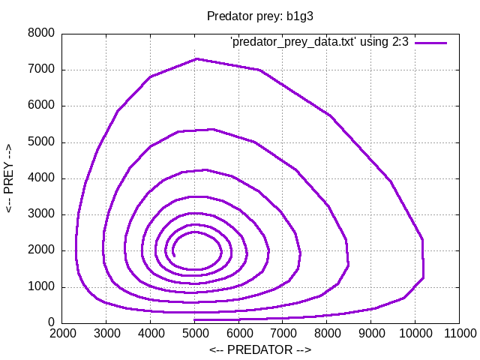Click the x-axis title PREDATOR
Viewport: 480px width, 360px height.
click(259, 349)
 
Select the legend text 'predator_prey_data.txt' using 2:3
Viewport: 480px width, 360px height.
click(319, 43)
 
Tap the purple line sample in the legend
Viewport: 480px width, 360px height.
click(431, 43)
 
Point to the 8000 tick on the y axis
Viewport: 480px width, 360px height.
click(41, 34)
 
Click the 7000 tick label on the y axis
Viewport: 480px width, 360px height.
click(41, 70)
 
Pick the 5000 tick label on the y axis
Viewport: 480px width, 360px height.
click(41, 142)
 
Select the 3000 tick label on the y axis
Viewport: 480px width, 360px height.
click(41, 214)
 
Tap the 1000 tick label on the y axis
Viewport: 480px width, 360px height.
click(41, 287)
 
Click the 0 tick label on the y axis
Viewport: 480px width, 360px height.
click(51, 323)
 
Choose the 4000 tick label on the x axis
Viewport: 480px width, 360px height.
click(150, 333)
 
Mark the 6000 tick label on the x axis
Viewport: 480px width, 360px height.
click(238, 333)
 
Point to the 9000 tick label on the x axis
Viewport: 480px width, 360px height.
click(370, 333)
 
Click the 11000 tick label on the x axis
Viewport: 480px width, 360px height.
click(459, 333)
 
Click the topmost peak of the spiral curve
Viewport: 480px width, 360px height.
click(196, 58)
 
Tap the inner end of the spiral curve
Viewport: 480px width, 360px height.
click(174, 256)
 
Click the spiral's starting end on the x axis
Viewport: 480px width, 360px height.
click(194, 319)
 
